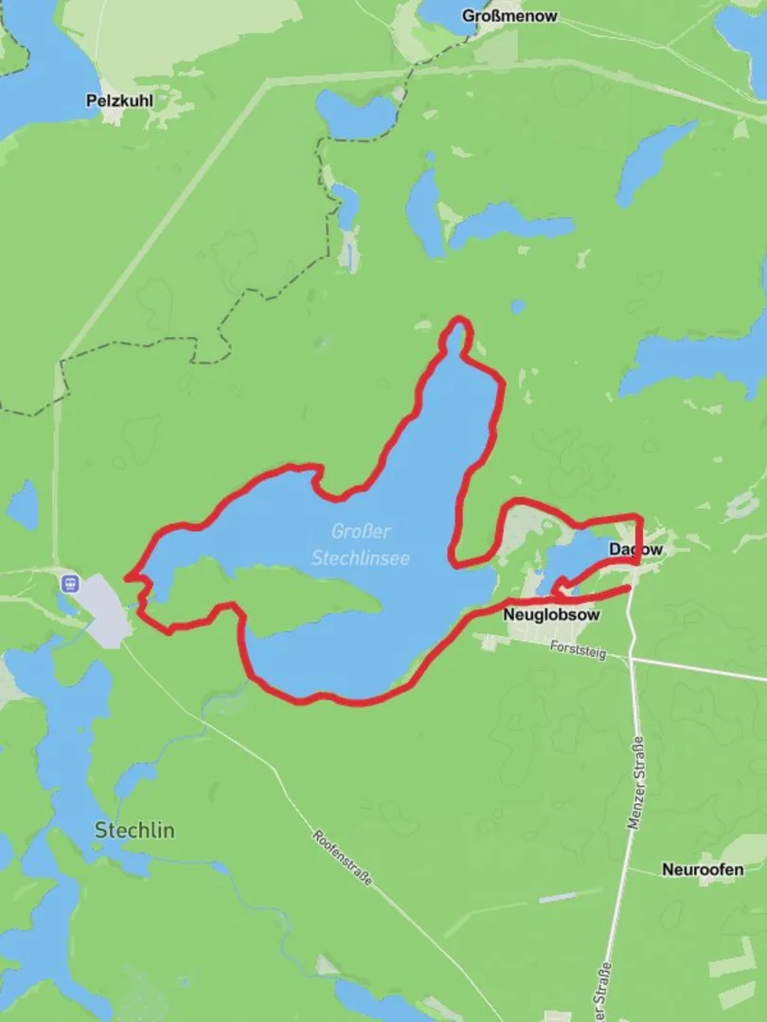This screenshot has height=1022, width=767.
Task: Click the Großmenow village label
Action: coord(509,16)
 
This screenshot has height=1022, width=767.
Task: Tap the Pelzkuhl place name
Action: coord(118,99)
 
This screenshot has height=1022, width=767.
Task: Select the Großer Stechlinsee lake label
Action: coord(361,545)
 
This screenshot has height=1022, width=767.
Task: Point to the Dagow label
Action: coord(635,549)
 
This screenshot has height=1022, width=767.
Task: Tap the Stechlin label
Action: coord(134,830)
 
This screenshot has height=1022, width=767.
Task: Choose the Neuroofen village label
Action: coord(702,869)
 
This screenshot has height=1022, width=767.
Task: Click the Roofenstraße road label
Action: coord(342,857)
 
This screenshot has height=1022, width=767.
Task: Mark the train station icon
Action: coord(68,583)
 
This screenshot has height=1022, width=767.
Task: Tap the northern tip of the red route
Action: coord(459,321)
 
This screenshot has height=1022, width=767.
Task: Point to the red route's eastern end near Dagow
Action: coord(629,589)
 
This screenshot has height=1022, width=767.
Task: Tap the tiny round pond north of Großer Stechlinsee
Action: coord(517,307)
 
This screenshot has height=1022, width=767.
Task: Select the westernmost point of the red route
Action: coord(127,576)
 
